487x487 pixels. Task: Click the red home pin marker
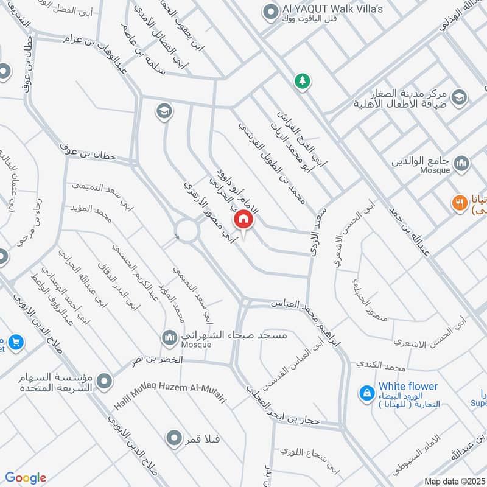coord(243,218)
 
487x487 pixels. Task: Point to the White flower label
coord(408,386)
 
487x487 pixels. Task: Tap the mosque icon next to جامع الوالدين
coord(462,163)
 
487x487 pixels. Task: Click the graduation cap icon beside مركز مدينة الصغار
coord(460,97)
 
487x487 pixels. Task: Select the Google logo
coord(26,478)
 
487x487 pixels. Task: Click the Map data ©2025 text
coord(453,481)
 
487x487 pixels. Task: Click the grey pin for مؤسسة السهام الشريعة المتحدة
coord(105,382)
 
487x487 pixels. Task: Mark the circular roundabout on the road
coord(187,231)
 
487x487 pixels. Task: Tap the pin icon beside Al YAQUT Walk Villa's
coord(269,12)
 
